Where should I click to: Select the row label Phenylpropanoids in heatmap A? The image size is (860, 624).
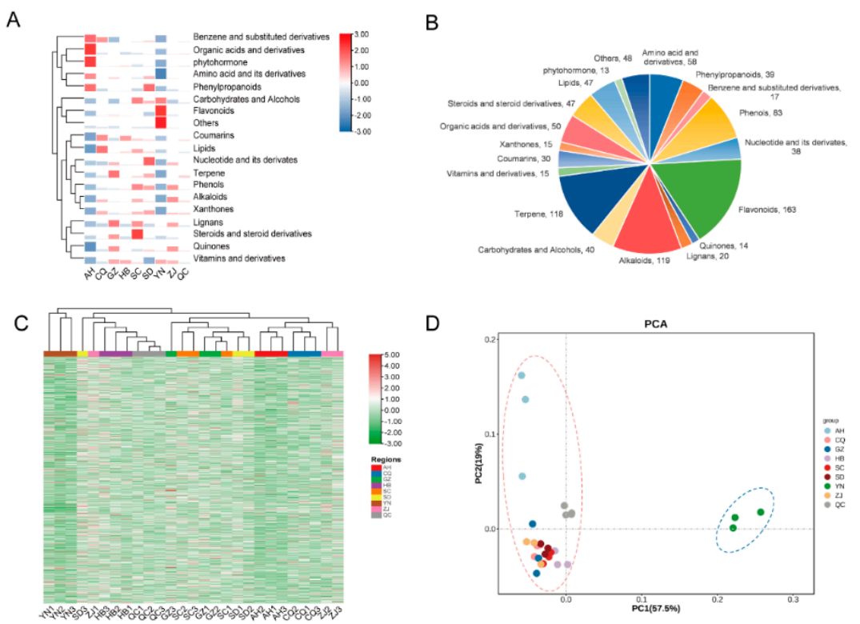point(229,86)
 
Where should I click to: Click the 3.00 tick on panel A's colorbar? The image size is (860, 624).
point(361,34)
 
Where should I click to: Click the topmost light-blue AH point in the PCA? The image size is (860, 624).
point(521,375)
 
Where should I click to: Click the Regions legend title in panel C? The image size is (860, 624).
point(385,459)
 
